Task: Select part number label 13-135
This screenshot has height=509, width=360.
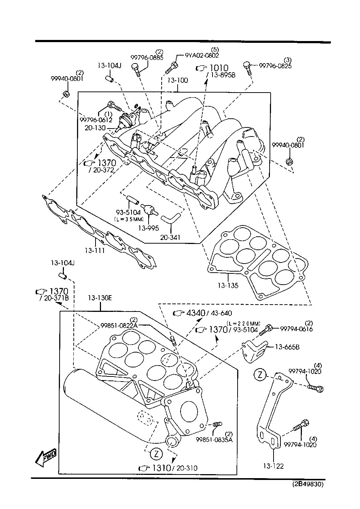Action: tap(228, 286)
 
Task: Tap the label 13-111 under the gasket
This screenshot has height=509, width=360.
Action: tap(95, 251)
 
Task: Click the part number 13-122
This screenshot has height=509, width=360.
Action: tap(273, 466)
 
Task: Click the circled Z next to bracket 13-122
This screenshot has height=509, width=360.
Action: tap(260, 375)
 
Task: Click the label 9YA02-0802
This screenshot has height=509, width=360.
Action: tap(202, 56)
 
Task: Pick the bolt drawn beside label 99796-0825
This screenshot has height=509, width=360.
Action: tap(248, 68)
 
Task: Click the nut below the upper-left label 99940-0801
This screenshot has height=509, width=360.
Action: tap(66, 94)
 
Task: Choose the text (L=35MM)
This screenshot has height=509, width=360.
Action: tap(129, 219)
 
